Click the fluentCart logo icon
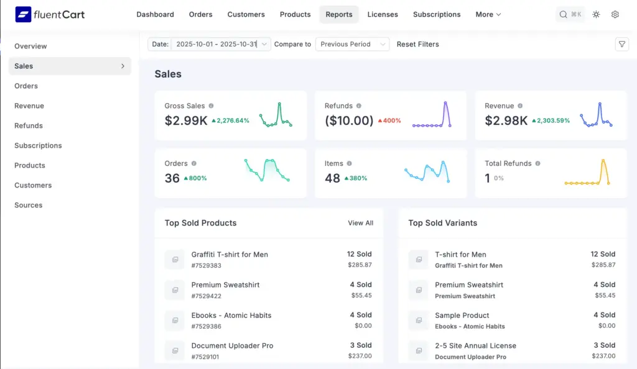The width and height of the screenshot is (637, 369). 23,14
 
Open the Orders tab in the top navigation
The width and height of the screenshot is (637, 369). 200,14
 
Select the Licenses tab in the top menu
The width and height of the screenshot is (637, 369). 383,14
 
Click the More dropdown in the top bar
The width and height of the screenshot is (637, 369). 488,14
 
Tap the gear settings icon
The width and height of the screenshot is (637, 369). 615,14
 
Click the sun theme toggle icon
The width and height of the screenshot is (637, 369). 596,14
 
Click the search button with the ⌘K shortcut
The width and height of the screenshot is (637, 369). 570,14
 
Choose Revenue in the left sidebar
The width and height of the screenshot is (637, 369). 29,106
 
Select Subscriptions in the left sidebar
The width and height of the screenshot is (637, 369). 38,145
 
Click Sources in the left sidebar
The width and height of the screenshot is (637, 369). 29,205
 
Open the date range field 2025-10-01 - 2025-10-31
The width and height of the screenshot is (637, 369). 216,44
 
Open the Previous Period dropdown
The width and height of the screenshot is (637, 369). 351,44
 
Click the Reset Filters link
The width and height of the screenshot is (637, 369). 417,44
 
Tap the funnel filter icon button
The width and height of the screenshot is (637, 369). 621,44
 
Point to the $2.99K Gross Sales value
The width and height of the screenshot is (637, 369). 186,121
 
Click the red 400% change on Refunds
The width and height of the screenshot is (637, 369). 389,121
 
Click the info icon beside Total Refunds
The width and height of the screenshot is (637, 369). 537,163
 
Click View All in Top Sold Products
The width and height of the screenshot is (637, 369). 360,223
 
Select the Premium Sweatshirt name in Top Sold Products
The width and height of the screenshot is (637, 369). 225,285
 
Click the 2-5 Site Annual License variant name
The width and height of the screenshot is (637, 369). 475,345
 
